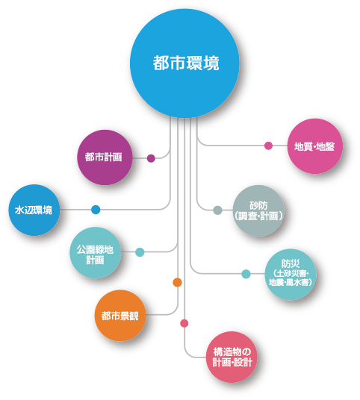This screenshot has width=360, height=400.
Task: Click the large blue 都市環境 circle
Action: click(184, 63)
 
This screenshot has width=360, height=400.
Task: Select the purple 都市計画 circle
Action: click(105, 157)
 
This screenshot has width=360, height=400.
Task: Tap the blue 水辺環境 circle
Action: click(34, 210)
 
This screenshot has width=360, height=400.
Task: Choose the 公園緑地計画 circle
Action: click(96, 252)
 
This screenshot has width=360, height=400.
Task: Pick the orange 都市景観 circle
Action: click(120, 316)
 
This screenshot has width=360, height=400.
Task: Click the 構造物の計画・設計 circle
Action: click(232, 357)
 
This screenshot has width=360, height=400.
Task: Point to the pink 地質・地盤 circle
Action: click(314, 146)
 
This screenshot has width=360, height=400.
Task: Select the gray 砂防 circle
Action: click(258, 210)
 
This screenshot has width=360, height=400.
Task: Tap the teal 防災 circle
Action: click(291, 275)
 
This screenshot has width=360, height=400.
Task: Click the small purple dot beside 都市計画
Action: click(151, 158)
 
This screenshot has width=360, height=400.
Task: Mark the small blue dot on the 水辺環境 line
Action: click(96, 210)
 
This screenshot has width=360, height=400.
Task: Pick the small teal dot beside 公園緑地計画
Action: click(140, 252)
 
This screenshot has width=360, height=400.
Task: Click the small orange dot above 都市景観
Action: click(177, 282)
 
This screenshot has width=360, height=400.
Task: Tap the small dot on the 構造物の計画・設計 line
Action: click(184, 323)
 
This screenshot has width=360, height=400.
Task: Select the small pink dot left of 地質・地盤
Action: click(268, 146)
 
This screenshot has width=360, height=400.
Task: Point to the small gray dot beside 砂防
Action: click(217, 210)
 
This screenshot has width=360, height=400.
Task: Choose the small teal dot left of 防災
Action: click(246, 274)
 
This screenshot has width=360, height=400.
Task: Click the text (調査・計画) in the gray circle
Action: click(258, 216)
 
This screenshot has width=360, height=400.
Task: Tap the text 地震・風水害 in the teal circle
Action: click(291, 282)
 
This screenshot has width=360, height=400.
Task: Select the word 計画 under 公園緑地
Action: click(96, 260)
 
